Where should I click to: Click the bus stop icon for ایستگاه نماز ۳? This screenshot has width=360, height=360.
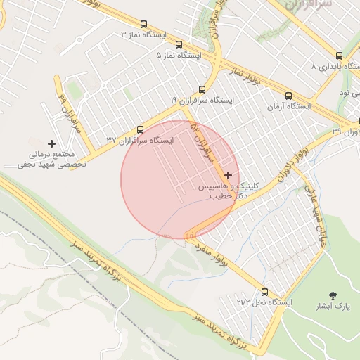click(x=144, y=24)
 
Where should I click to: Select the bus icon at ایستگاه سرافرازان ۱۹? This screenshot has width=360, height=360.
click(x=202, y=89)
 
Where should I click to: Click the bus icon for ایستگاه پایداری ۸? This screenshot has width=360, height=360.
click(x=340, y=56)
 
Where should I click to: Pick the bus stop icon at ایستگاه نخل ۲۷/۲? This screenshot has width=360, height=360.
click(x=265, y=291)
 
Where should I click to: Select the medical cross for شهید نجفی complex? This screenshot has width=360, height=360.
click(x=51, y=143)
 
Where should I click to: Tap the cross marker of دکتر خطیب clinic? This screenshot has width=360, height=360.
click(x=228, y=174)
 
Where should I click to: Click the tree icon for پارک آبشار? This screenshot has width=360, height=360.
click(x=333, y=295)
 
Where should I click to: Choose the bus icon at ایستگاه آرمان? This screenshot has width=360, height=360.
click(x=288, y=96)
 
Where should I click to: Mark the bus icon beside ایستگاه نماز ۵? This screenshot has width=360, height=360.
click(x=179, y=43)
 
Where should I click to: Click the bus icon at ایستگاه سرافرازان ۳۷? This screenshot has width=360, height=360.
click(x=140, y=129)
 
